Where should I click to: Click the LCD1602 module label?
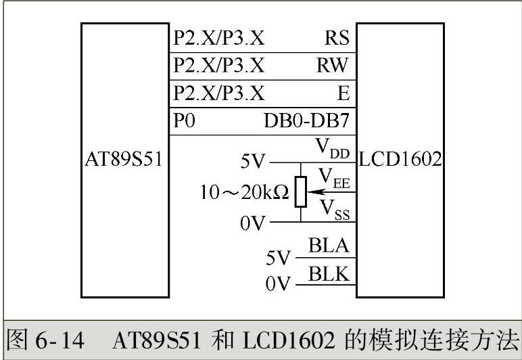[x=400, y=160]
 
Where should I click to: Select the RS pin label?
[x=336, y=38]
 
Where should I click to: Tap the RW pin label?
[x=332, y=65]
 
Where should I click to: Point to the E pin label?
[x=343, y=92]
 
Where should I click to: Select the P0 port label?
[x=184, y=121]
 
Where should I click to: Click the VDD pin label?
[x=332, y=149]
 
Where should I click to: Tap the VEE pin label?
[x=333, y=178]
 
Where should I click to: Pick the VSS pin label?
[x=333, y=207]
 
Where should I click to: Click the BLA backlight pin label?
[x=329, y=246]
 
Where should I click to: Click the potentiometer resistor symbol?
[x=301, y=192]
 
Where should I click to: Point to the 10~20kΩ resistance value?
[x=244, y=192]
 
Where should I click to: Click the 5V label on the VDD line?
[x=254, y=163]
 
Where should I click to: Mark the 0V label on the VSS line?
[x=254, y=222]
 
